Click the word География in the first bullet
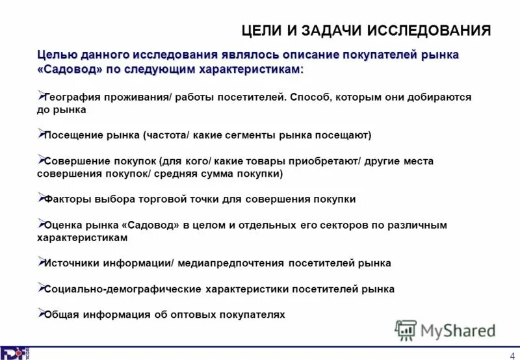71,97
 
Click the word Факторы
67,199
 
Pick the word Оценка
62,225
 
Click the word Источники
71,263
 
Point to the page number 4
511,353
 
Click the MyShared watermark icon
406,330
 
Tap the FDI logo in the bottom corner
14,353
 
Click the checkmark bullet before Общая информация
40,313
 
